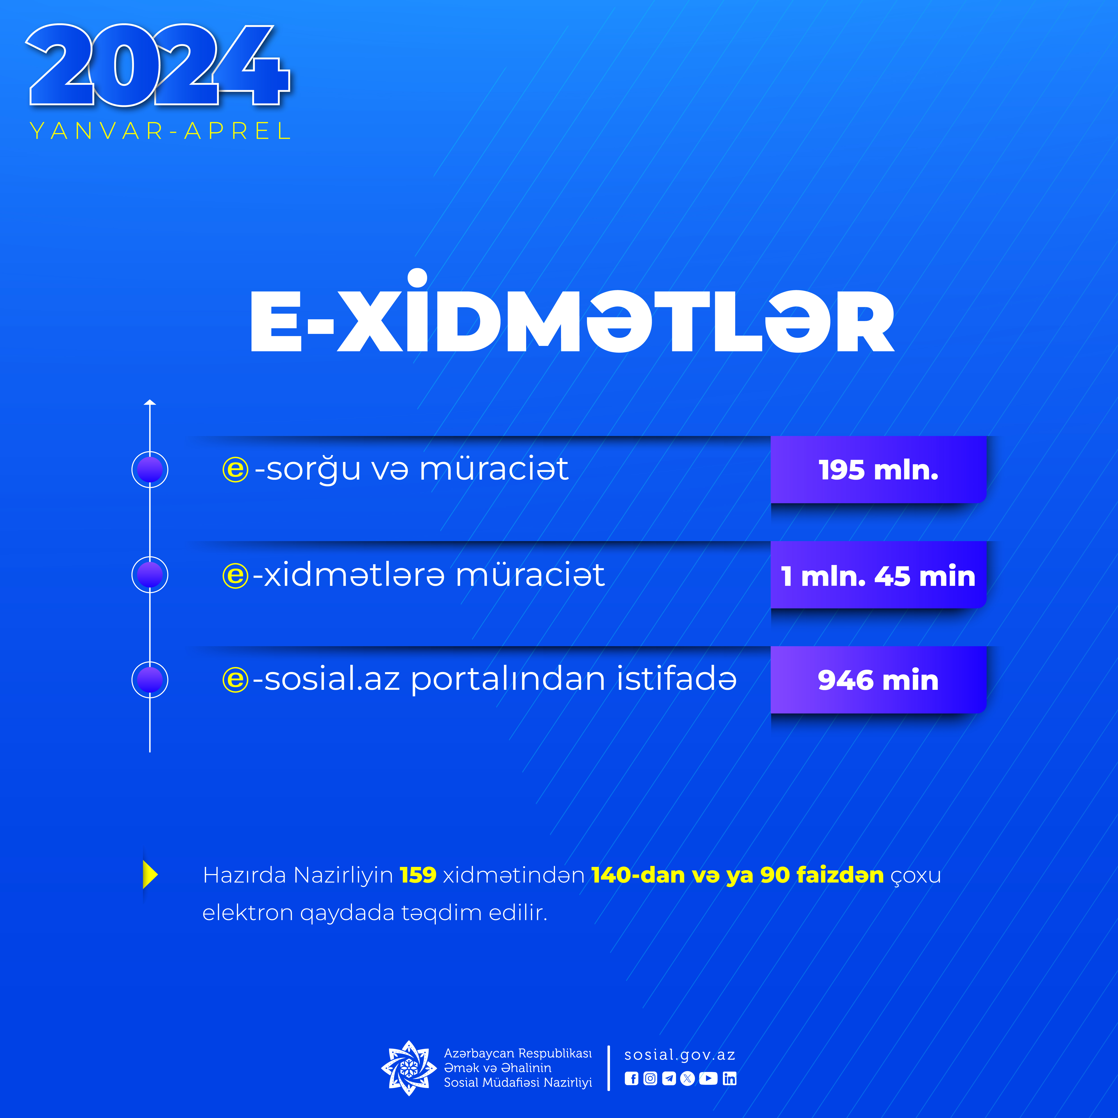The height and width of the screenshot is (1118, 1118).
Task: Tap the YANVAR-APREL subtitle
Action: click(160, 131)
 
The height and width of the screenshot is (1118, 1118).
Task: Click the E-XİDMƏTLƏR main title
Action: click(572, 313)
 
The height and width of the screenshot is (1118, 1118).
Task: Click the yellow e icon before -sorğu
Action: click(235, 469)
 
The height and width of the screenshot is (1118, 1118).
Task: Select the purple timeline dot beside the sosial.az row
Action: click(150, 680)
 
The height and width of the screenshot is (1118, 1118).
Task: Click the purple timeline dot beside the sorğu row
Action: click(150, 469)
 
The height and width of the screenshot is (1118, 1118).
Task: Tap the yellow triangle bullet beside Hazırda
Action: click(150, 874)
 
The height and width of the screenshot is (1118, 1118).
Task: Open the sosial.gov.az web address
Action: click(680, 1055)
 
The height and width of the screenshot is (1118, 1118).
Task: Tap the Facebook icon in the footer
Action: click(631, 1079)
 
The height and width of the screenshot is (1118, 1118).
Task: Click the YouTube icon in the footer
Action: click(708, 1079)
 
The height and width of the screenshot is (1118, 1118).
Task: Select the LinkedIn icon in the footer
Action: click(730, 1079)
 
